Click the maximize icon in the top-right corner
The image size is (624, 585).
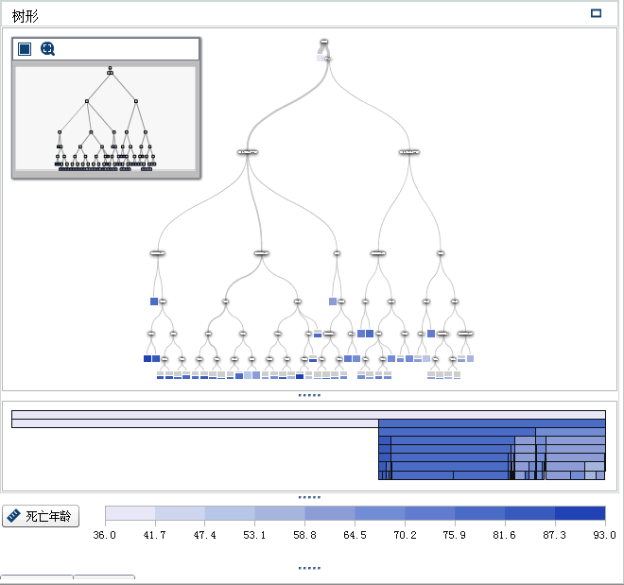pos(596,13)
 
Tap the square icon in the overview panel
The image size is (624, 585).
pos(25,49)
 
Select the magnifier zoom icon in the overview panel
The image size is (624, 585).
pos(47,49)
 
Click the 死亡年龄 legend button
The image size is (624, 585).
pos(41,516)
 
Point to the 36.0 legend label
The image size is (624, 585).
pos(105,535)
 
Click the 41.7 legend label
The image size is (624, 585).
pos(155,535)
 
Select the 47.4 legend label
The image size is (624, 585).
pos(205,535)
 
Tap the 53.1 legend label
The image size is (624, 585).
pos(255,535)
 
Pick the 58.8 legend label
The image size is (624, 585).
pos(305,535)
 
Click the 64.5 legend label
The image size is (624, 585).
pos(355,535)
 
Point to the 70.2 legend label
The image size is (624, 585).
pos(405,535)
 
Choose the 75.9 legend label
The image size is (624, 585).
pos(455,535)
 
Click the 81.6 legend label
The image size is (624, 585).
pos(505,535)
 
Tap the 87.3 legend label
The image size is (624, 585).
pos(555,535)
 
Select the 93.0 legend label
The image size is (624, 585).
pos(603,535)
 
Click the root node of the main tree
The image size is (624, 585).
pos(324,42)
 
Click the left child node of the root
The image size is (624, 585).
pos(248,151)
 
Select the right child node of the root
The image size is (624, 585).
pos(409,151)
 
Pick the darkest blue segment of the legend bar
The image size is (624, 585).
pos(580,513)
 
